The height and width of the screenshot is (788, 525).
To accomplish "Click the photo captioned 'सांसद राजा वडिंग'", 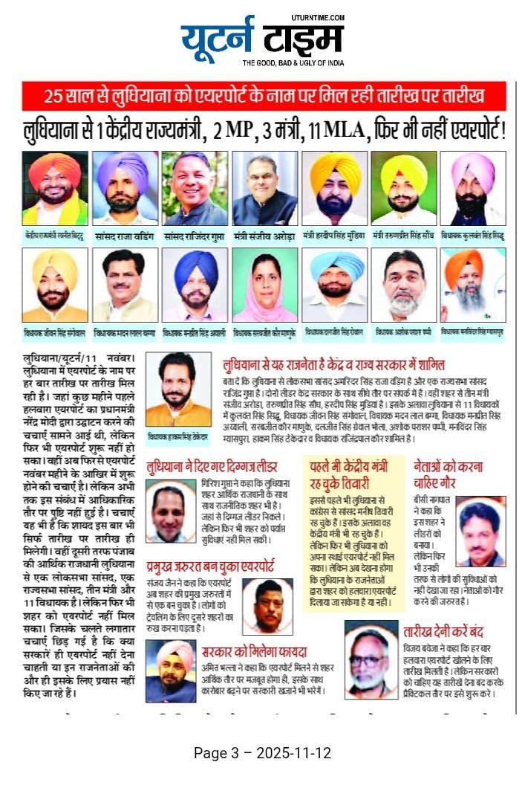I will tap(125, 188).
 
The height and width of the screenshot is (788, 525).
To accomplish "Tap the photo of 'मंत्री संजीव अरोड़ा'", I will tap(264, 188).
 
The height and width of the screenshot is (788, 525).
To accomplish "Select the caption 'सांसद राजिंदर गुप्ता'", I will tap(194, 233).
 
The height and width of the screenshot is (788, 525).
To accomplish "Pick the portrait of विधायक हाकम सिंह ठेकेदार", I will tap(177, 390).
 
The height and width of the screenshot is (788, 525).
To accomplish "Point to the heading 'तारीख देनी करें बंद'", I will tap(443, 632).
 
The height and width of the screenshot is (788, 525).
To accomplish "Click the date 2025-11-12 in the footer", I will tap(293, 752).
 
